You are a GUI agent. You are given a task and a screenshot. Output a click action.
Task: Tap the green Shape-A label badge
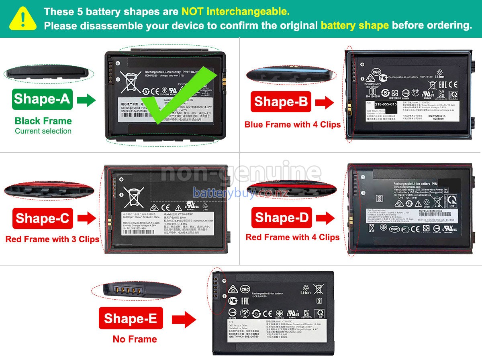pyautogui.click(x=43, y=99)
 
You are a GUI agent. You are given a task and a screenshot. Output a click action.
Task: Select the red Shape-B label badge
pyautogui.click(x=280, y=102)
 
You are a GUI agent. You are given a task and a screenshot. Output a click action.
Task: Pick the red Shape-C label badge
pyautogui.click(x=43, y=219)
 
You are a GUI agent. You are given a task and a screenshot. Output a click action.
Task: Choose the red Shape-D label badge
pyautogui.click(x=282, y=218)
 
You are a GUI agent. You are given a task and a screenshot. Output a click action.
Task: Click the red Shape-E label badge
pyautogui.click(x=131, y=318)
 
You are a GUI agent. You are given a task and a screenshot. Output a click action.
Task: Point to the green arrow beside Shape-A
pyautogui.click(x=86, y=100)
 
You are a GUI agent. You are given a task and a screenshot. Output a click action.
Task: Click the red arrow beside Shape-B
pyautogui.click(x=324, y=103)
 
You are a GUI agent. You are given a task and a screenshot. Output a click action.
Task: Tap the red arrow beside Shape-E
pyautogui.click(x=184, y=320)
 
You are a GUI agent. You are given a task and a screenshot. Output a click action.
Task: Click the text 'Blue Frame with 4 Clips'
pyautogui.click(x=292, y=125)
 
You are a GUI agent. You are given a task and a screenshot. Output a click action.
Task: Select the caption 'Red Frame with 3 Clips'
pyautogui.click(x=52, y=239)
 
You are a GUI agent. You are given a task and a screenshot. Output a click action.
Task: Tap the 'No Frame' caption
pyautogui.click(x=135, y=339)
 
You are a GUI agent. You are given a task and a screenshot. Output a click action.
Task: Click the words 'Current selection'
pyautogui.click(x=43, y=131)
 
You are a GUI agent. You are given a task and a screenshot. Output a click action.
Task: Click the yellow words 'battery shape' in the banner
pyautogui.click(x=354, y=26)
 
